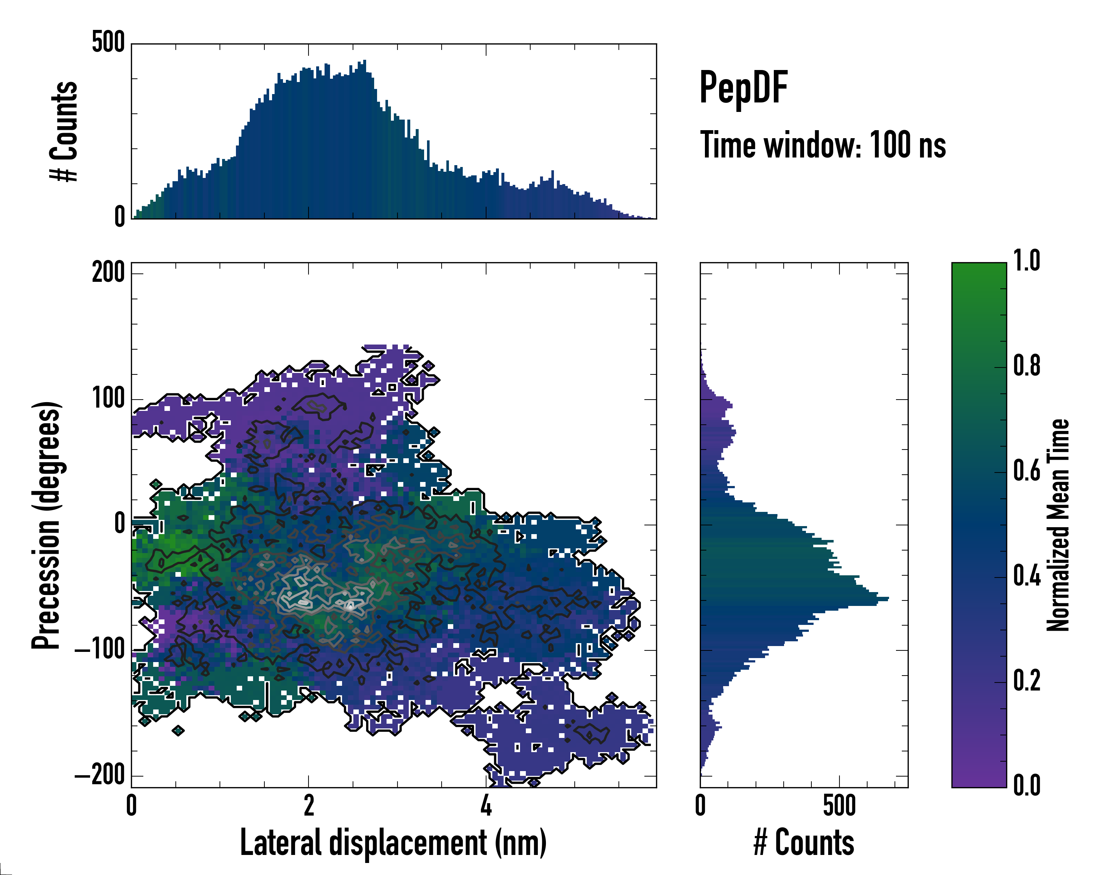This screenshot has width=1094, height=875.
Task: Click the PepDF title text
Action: click(x=743, y=87)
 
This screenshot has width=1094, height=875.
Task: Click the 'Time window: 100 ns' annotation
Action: click(x=823, y=145)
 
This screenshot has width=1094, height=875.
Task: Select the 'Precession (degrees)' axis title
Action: click(x=47, y=525)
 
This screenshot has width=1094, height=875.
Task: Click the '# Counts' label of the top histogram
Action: click(x=65, y=131)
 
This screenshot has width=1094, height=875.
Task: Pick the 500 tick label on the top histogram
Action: click(x=108, y=43)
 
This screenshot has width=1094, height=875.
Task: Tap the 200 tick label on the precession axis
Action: click(x=108, y=273)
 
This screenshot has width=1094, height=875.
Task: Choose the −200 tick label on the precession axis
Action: click(x=100, y=775)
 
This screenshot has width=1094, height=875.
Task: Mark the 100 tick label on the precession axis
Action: click(x=108, y=399)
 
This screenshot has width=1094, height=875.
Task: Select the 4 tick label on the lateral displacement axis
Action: click(x=486, y=805)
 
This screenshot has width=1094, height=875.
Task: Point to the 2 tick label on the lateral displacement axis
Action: click(x=309, y=805)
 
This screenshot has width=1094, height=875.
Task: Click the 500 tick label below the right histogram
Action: click(x=839, y=805)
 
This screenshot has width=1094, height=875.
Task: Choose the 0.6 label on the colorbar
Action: click(x=1027, y=471)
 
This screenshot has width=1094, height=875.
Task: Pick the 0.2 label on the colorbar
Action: click(x=1027, y=681)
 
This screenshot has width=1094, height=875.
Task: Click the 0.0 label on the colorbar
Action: click(x=1027, y=785)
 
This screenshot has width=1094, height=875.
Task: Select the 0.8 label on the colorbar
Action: click(x=1027, y=366)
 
